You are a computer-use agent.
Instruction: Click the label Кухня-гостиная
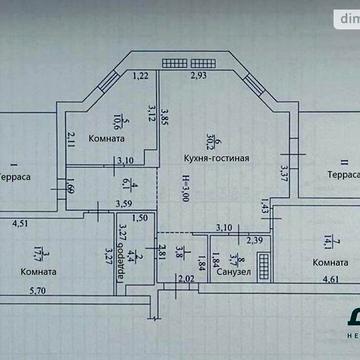(216, 158)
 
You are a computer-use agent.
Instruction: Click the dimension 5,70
(37, 291)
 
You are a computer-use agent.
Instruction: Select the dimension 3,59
(124, 205)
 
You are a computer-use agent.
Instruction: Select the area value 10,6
(117, 120)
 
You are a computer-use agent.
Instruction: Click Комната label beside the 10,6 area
(107, 139)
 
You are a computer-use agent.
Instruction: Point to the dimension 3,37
(285, 172)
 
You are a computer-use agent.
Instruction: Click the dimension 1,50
(141, 218)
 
